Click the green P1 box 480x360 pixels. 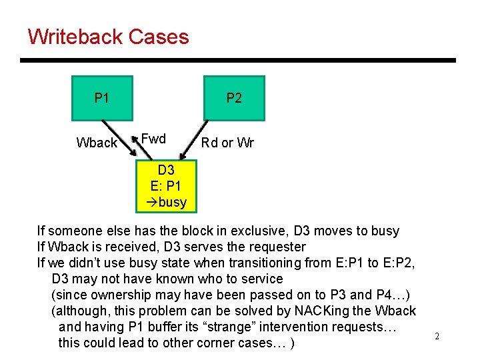pyautogui.click(x=102, y=98)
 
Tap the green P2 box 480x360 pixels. pyautogui.click(x=234, y=98)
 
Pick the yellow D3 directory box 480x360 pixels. pyautogui.click(x=166, y=186)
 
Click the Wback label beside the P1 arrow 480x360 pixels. pyautogui.click(x=97, y=143)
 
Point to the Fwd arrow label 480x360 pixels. pyautogui.click(x=153, y=139)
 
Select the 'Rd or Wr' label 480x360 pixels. pyautogui.click(x=227, y=143)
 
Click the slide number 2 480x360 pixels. pyautogui.click(x=437, y=336)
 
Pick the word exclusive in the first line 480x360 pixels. pyautogui.click(x=243, y=231)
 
